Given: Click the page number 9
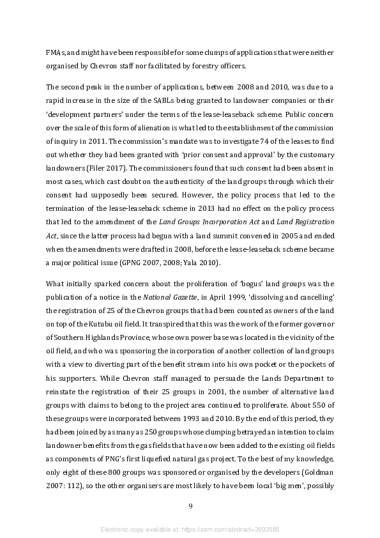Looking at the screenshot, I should pyautogui.click(x=190, y=506).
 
